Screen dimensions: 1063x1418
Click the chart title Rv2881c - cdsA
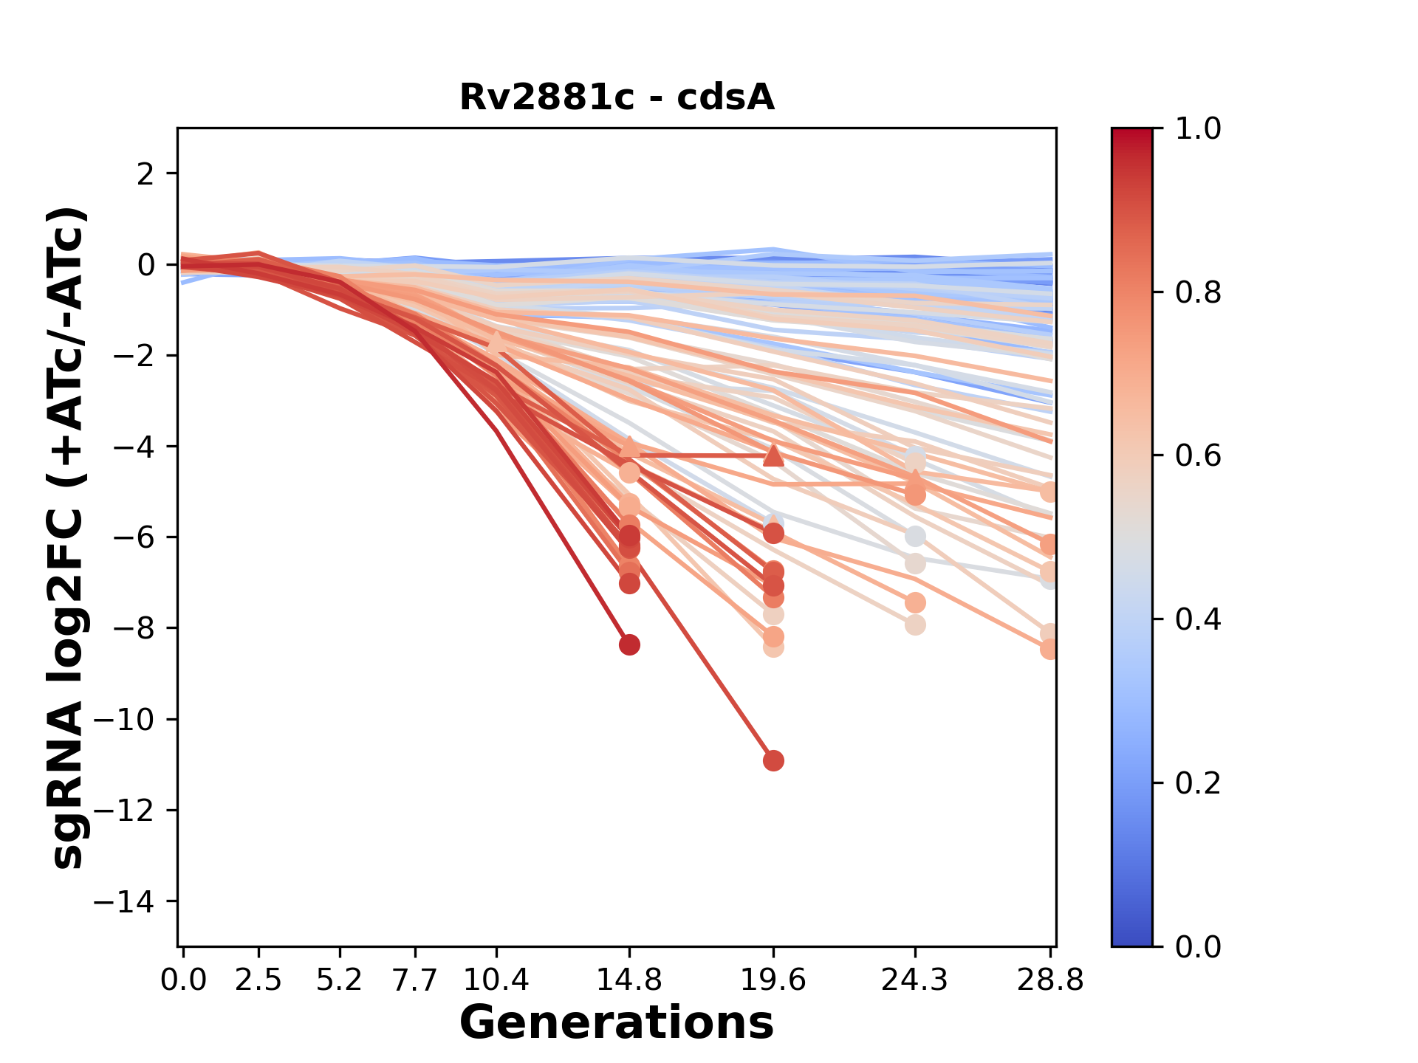pyautogui.click(x=617, y=97)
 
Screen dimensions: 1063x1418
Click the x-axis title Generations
pyautogui.click(x=617, y=1022)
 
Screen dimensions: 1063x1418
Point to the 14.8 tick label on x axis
pyautogui.click(x=629, y=980)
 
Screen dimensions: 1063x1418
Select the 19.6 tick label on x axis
pyautogui.click(x=773, y=980)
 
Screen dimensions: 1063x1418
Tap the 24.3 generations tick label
pyautogui.click(x=915, y=980)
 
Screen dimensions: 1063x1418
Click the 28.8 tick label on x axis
pyautogui.click(x=1050, y=980)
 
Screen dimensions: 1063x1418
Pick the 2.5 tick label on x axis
pyautogui.click(x=258, y=980)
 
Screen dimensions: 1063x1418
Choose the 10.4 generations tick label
pyautogui.click(x=496, y=980)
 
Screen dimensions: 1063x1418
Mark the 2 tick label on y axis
pyautogui.click(x=145, y=174)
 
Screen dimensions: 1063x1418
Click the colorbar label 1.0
pyautogui.click(x=1198, y=129)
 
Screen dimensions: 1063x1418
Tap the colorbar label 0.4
pyautogui.click(x=1198, y=619)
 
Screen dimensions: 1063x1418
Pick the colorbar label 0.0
pyautogui.click(x=1198, y=946)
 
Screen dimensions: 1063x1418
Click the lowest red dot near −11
pyautogui.click(x=773, y=760)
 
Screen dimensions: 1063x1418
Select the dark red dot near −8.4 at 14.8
pyautogui.click(x=629, y=644)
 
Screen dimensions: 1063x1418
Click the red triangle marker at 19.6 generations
pyautogui.click(x=773, y=455)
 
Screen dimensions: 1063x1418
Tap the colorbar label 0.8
pyautogui.click(x=1198, y=293)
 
